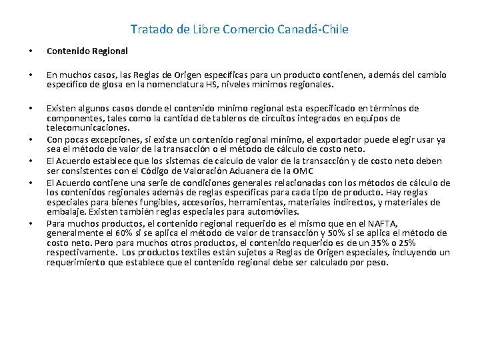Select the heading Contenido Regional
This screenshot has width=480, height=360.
click(x=87, y=51)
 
